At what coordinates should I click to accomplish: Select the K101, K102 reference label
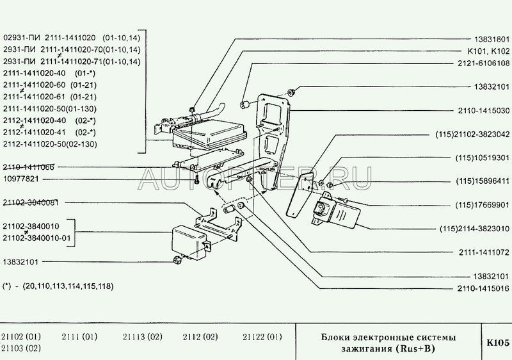(486, 50)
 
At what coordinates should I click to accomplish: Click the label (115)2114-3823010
(474, 228)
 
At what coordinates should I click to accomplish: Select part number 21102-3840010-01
(39, 238)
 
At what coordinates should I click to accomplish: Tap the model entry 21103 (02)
(21, 348)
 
